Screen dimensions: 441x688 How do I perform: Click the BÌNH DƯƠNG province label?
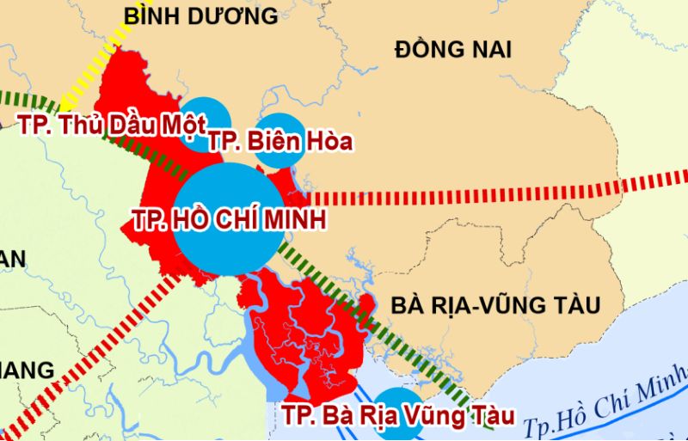coord(200,15)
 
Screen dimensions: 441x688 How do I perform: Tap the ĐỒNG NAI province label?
coord(452,50)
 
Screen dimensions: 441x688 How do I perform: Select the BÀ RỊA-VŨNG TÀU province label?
coord(494,304)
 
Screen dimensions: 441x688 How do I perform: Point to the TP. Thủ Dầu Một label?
coord(112,126)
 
